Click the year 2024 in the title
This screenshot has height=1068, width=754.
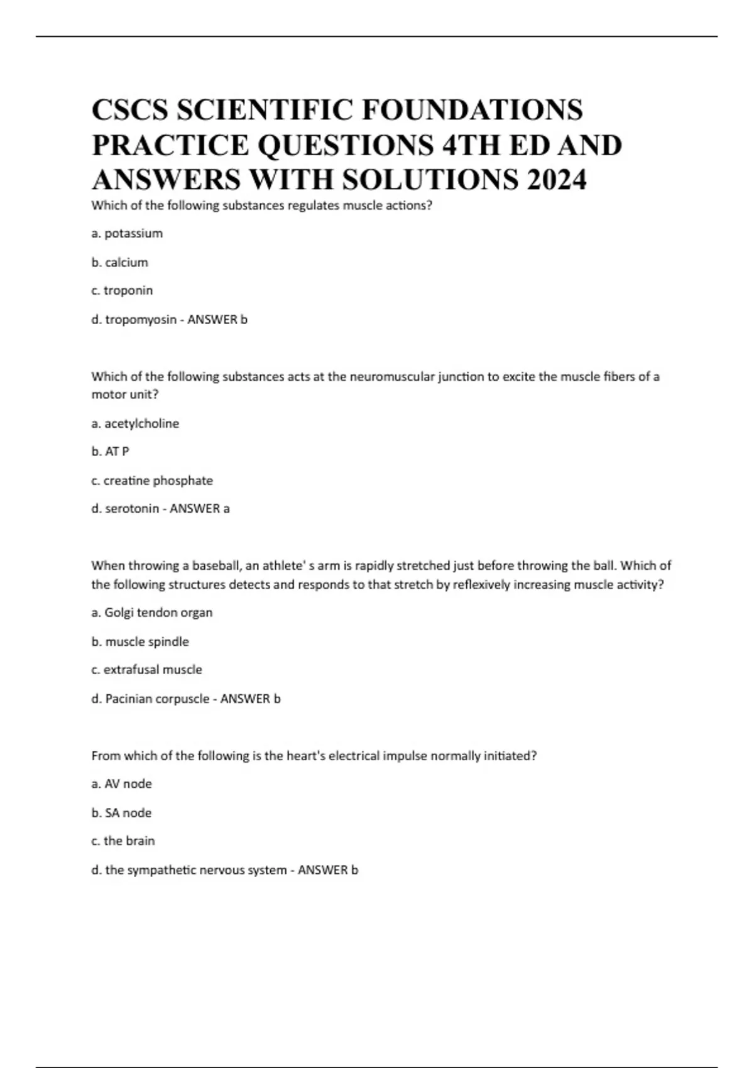[x=557, y=180]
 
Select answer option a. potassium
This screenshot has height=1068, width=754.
[x=127, y=234]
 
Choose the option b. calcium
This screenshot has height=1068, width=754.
[x=120, y=263]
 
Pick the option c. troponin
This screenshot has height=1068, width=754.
[x=122, y=291]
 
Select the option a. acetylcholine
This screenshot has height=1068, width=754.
[x=135, y=424]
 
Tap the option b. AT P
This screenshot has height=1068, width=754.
[x=111, y=452]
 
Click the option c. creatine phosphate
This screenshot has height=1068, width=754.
[x=152, y=481]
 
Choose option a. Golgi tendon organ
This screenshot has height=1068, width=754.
[x=152, y=613]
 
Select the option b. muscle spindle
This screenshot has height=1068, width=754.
[x=140, y=642]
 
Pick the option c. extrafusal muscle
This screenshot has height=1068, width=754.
[x=146, y=670]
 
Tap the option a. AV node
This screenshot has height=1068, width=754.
[x=122, y=784]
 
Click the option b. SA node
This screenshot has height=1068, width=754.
[x=122, y=813]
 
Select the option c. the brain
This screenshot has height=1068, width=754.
[x=123, y=841]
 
